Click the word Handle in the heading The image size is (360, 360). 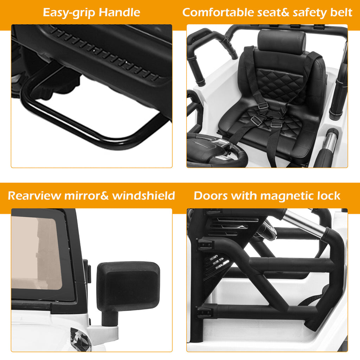[x=119, y=12]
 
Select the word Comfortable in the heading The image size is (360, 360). [x=218, y=12]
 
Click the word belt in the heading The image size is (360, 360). [x=341, y=12]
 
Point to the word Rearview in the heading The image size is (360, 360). [x=35, y=196]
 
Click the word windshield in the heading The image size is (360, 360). [x=144, y=196]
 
